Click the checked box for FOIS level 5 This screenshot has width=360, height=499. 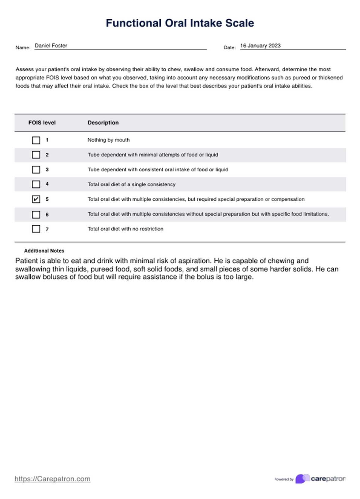click(x=36, y=199)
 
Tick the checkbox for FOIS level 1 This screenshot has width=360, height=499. click(x=36, y=140)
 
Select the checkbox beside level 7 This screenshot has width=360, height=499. click(x=36, y=229)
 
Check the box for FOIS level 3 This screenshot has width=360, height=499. click(x=36, y=170)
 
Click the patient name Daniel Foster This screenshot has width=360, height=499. click(x=51, y=46)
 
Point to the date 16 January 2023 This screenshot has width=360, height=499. click(x=260, y=46)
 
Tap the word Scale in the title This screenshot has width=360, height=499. click(x=240, y=23)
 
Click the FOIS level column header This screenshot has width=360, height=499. click(x=42, y=122)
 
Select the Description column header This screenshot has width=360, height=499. click(x=103, y=122)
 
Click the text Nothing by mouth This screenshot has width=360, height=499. click(x=108, y=140)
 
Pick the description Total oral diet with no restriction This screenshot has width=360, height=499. click(x=125, y=229)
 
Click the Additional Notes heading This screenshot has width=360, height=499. click(x=44, y=251)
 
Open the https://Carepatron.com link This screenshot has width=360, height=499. click(x=52, y=479)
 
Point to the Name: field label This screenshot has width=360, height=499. click(x=23, y=47)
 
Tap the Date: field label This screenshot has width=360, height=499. click(x=230, y=47)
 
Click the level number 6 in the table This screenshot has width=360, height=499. click(x=47, y=215)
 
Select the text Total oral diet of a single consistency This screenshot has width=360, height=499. click(x=131, y=184)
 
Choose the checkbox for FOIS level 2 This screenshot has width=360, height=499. click(x=36, y=155)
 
